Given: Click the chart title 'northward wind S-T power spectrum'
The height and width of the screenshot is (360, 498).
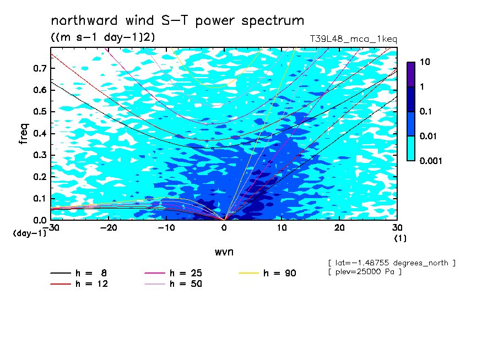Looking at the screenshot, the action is pyautogui.click(x=177, y=21).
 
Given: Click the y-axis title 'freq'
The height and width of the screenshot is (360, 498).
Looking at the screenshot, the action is pyautogui.click(x=24, y=134).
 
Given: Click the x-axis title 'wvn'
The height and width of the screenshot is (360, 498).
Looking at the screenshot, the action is pyautogui.click(x=224, y=252).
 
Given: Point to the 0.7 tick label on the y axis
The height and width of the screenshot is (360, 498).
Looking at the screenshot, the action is pyautogui.click(x=40, y=68).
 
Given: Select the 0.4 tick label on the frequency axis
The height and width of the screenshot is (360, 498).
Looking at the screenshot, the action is pyautogui.click(x=40, y=133).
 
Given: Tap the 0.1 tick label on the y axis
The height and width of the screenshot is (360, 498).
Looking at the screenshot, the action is pyautogui.click(x=40, y=198).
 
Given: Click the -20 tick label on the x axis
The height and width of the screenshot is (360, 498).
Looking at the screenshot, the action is pyautogui.click(x=109, y=228).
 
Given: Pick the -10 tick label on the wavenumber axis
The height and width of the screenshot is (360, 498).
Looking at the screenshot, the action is pyautogui.click(x=166, y=228).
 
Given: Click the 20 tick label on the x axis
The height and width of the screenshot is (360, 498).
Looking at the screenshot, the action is pyautogui.click(x=339, y=228).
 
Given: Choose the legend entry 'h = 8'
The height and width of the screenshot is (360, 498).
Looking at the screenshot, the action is pyautogui.click(x=79, y=273).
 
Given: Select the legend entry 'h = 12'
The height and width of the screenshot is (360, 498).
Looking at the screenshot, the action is pyautogui.click(x=79, y=283).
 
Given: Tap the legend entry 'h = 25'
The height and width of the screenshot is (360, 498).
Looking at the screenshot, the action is pyautogui.click(x=173, y=273).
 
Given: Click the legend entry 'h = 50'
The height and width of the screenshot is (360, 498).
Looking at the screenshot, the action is pyautogui.click(x=173, y=283).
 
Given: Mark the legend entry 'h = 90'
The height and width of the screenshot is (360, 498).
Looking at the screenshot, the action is pyautogui.click(x=267, y=273).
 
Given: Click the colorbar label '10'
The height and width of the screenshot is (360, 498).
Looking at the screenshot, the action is pyautogui.click(x=425, y=62).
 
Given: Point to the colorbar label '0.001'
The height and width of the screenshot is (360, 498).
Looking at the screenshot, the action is pyautogui.click(x=431, y=161).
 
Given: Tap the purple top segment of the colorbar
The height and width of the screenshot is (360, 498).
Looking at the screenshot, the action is pyautogui.click(x=411, y=75).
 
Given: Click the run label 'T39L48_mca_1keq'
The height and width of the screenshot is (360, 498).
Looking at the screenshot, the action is pyautogui.click(x=354, y=39).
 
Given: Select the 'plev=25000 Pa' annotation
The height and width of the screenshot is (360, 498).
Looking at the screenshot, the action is pyautogui.click(x=365, y=272).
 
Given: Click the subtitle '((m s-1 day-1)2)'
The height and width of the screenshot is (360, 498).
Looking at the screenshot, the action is pyautogui.click(x=103, y=37).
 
